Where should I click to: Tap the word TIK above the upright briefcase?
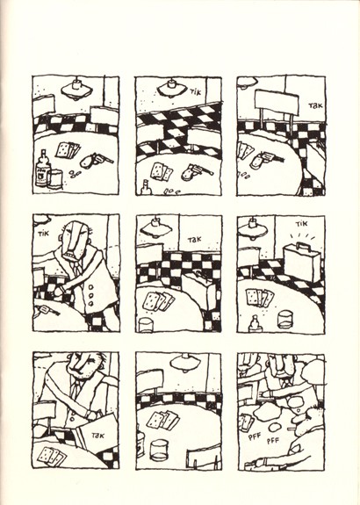coord(302,223)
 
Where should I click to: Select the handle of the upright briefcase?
coord(302,246)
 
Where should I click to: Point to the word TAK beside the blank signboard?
coord(315,105)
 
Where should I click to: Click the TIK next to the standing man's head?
coord(43,234)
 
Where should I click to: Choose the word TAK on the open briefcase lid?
coord(97,436)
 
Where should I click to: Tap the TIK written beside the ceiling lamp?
coord(196,92)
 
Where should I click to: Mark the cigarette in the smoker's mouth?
coord(294,429)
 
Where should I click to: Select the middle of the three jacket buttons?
coord(90,295)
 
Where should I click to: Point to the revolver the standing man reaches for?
coord(47,310)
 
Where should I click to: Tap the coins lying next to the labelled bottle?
coord(75,174)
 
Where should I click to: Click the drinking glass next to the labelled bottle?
coord(55,179)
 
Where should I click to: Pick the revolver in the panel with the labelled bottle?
coord(96,160)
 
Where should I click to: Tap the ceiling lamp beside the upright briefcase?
coord(253,228)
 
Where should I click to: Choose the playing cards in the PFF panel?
coord(246,422)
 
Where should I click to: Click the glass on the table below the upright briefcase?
coord(284,319)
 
